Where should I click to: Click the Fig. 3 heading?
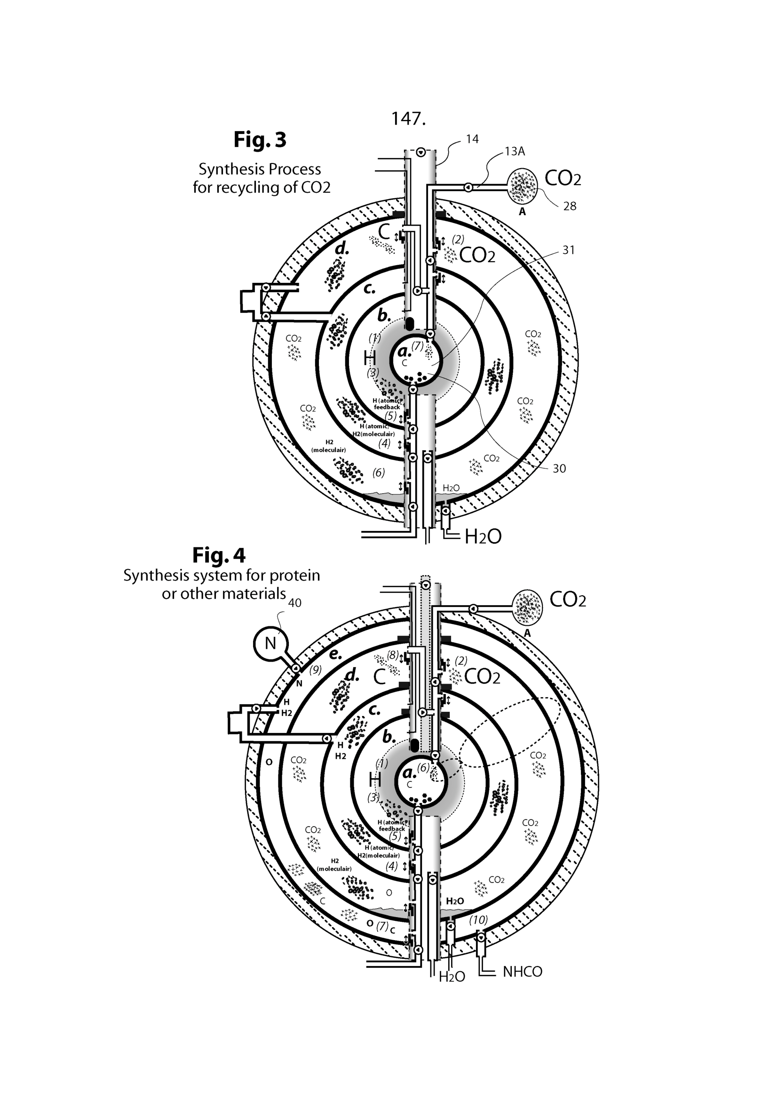(260, 140)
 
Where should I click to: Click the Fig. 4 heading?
(219, 555)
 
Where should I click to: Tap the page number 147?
(408, 118)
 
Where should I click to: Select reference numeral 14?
(472, 139)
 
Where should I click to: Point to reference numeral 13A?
(515, 151)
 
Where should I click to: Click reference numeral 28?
(570, 206)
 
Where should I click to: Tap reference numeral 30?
(559, 468)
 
